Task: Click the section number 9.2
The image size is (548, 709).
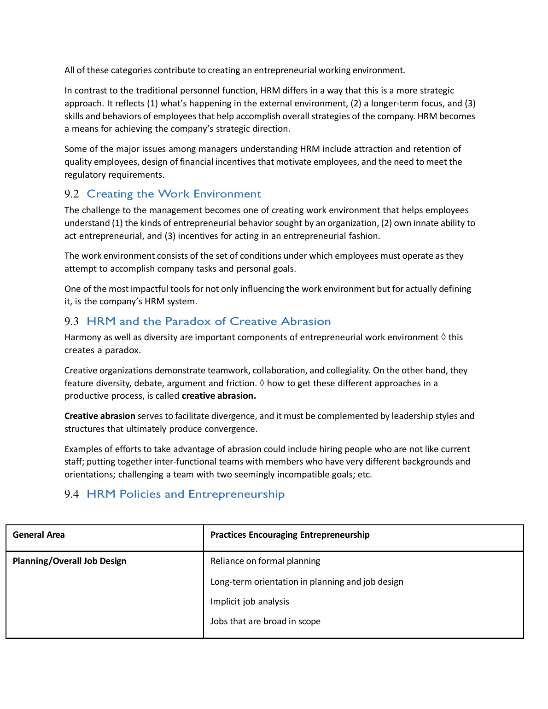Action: pos(72,194)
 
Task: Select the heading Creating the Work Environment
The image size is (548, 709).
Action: pos(174,194)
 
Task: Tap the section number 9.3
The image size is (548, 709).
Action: pos(72,322)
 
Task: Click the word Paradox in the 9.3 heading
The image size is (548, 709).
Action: pos(188,321)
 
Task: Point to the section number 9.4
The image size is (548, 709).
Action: pos(72,494)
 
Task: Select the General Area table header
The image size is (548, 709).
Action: pos(39,535)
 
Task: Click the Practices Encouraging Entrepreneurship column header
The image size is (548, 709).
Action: pos(290,535)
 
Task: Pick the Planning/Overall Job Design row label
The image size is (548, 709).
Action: pos(70,561)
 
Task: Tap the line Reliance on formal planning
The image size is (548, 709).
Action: pos(265,561)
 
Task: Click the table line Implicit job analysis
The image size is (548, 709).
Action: pos(250,602)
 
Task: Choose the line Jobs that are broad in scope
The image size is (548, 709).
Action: pos(265,622)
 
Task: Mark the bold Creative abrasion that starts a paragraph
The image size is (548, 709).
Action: pos(100,416)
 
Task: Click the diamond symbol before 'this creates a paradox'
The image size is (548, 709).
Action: pos(443,337)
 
